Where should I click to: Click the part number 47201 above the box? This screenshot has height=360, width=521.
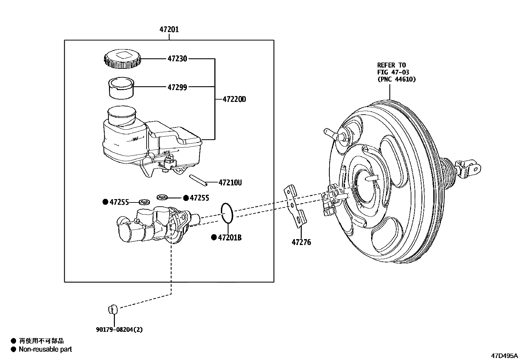coord(169,30)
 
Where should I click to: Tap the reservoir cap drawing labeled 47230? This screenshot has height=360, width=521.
coord(122,60)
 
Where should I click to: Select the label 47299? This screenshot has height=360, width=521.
coord(177,87)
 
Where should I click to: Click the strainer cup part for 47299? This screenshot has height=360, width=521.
coord(121,88)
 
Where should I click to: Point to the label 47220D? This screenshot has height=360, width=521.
coord(234,99)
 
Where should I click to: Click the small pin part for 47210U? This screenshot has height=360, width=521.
coord(199,180)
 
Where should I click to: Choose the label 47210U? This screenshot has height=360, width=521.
coord(230,182)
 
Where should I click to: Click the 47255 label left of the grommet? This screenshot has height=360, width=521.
coord(119,202)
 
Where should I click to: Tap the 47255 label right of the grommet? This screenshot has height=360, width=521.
coord(199,198)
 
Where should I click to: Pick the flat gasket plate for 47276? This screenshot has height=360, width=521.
coord(296,207)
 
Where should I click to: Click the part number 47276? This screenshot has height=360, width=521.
coord(301,242)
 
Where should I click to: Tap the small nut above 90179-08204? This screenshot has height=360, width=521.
coord(112,308)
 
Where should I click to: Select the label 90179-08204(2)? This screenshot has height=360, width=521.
coord(119,330)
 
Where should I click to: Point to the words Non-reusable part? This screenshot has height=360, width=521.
coord(45,349)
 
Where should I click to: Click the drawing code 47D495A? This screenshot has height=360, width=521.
coord(504,355)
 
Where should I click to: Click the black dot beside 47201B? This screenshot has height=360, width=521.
coord(214,237)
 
